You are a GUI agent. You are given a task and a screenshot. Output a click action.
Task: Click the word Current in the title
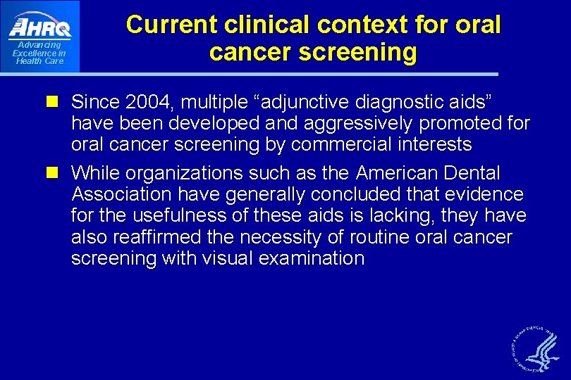pos(172,25)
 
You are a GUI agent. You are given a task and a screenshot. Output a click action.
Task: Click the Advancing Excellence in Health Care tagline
pos(39,53)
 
